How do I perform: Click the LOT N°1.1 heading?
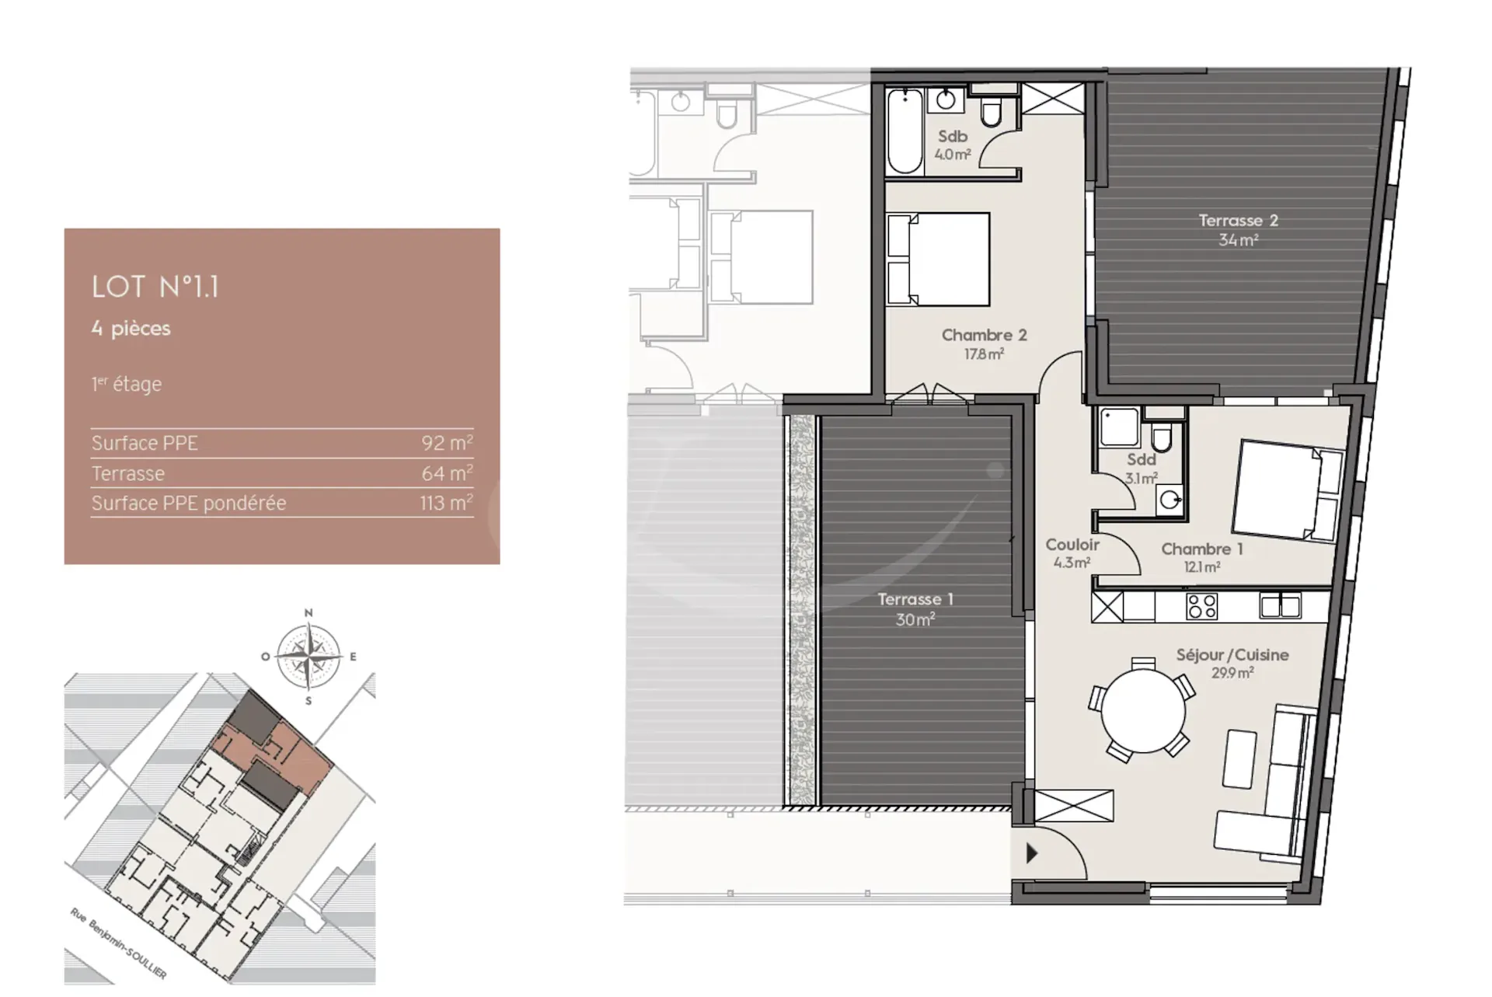(155, 287)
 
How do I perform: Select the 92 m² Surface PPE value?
(447, 442)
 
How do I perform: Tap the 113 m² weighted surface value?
(446, 503)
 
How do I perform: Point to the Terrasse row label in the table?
(128, 473)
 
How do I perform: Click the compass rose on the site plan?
(309, 656)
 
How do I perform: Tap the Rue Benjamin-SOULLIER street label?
(118, 943)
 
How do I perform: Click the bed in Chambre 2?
(939, 259)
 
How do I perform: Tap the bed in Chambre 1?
(1288, 490)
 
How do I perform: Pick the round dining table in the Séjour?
(1143, 711)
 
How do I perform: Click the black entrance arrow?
(1031, 853)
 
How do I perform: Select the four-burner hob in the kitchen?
(1202, 606)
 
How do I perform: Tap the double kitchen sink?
(1280, 605)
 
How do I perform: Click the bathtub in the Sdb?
(905, 131)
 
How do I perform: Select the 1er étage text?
(127, 384)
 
